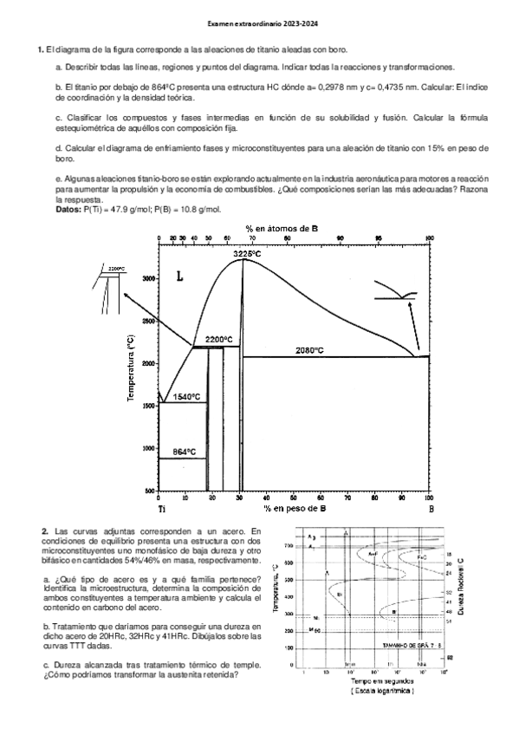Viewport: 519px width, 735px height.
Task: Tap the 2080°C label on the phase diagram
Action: click(x=309, y=350)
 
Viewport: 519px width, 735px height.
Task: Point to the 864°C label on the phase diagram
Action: click(x=184, y=452)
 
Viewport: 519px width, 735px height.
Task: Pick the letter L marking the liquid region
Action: click(x=179, y=277)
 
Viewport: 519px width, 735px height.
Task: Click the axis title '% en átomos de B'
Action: click(x=293, y=227)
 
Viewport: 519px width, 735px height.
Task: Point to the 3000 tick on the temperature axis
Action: click(x=147, y=278)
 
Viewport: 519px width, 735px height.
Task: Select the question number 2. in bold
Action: click(x=44, y=530)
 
